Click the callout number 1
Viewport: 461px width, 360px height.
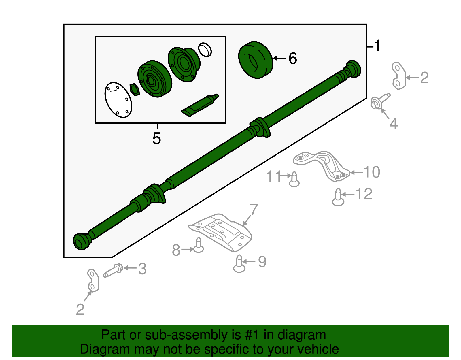(x=377, y=46)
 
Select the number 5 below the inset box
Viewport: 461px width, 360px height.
(x=156, y=139)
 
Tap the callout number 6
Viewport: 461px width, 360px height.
(x=292, y=59)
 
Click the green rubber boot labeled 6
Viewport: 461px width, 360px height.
(x=255, y=60)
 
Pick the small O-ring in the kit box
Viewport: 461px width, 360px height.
(x=205, y=49)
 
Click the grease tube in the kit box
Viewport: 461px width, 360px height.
(x=200, y=105)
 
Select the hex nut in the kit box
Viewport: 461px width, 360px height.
(x=134, y=90)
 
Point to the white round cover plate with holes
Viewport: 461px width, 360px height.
(x=118, y=100)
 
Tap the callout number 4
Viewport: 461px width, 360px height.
(x=394, y=124)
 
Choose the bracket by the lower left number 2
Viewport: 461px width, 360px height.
(x=93, y=280)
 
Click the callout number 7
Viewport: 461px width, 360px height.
(x=254, y=210)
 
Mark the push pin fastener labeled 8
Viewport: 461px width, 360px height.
(x=199, y=245)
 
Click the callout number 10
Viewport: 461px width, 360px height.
(x=372, y=172)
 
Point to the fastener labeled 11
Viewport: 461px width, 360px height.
(x=294, y=179)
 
